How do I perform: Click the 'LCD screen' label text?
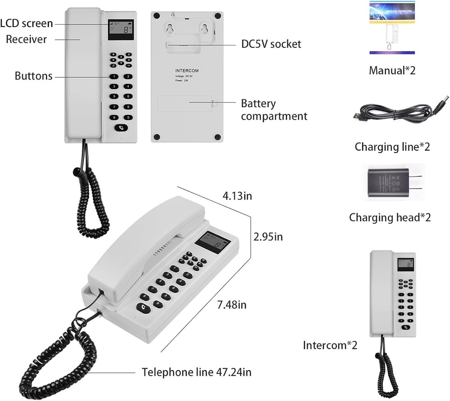coord(27,23)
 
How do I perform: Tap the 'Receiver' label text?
coord(26,40)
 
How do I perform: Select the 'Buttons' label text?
coord(33,76)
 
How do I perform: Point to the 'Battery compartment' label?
coord(274,110)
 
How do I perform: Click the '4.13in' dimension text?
coord(238,196)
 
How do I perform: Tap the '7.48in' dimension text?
coord(232,305)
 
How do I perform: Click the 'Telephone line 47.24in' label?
coord(196,372)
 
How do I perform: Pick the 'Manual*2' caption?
coord(392,71)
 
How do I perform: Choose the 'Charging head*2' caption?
coord(390,217)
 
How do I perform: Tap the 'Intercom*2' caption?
coord(330,346)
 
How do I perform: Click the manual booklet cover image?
coord(392,28)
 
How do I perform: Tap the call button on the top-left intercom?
coord(121,127)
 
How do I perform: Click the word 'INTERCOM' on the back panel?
coord(187,71)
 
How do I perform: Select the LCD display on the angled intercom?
coord(213,243)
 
